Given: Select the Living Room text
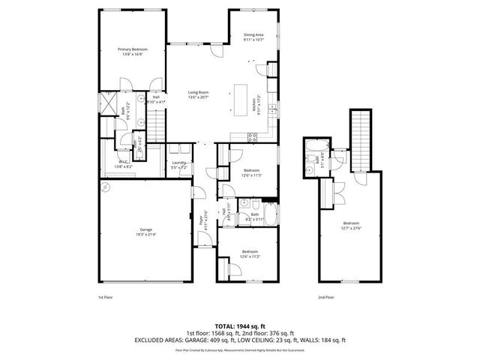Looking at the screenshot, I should tap(198, 94).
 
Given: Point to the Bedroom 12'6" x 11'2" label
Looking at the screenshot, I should tap(249, 253).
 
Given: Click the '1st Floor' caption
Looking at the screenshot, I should tap(106, 296).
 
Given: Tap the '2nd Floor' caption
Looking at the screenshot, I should tap(325, 296).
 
